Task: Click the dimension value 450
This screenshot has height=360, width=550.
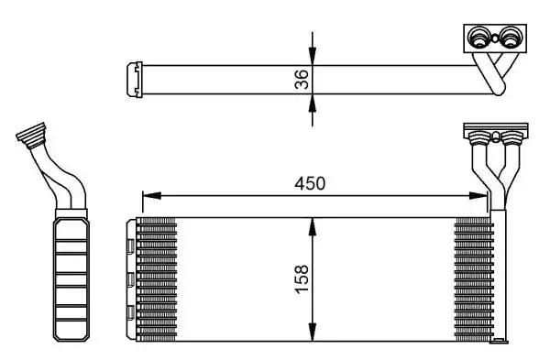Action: [x=310, y=183]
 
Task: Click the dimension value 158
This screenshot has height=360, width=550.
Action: [x=302, y=279]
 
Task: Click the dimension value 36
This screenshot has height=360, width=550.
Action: [x=302, y=79]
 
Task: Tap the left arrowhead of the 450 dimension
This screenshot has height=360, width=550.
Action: [x=151, y=196]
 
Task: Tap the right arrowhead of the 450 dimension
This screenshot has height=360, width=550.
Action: [x=478, y=196]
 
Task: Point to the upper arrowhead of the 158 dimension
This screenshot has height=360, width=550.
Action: [x=313, y=226]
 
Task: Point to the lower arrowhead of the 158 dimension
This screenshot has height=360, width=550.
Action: [x=313, y=332]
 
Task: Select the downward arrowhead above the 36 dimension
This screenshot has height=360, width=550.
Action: [x=313, y=57]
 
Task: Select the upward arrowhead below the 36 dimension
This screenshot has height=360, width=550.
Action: [x=313, y=103]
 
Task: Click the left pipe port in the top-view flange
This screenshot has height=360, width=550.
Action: [x=478, y=38]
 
